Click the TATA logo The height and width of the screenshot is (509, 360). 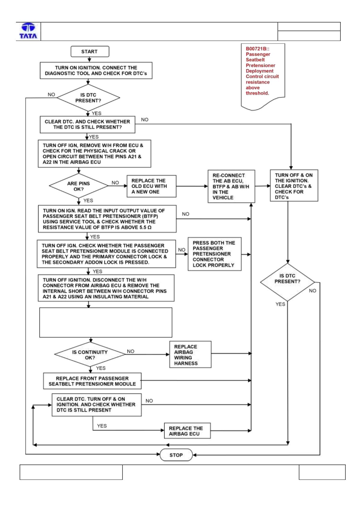click(28, 31)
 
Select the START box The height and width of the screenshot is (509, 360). click(90, 51)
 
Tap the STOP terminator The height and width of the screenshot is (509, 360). click(176, 455)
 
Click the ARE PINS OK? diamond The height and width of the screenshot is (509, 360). click(78, 186)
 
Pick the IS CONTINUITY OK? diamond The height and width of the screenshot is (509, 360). click(90, 354)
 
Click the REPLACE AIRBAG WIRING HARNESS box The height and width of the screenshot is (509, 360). click(190, 354)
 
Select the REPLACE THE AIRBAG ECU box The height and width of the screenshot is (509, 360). click(187, 430)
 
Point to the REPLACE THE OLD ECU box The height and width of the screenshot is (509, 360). click(151, 186)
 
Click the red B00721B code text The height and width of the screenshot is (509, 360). click(257, 49)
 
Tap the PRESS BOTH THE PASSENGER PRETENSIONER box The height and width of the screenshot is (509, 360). click(214, 254)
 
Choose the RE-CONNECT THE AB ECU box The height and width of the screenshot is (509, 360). click(231, 186)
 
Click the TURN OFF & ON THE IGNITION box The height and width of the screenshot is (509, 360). click(294, 185)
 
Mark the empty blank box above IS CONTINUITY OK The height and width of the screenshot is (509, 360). click(106, 322)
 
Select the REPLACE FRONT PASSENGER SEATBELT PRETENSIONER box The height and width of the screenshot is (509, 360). click(92, 381)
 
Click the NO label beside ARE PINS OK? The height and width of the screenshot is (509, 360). click(115, 183)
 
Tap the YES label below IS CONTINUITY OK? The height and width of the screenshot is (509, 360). click(101, 368)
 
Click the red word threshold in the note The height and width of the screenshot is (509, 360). click(257, 93)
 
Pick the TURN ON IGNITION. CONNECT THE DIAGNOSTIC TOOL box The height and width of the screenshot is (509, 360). click(96, 70)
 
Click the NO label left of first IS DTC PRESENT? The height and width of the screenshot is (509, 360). click(51, 94)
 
